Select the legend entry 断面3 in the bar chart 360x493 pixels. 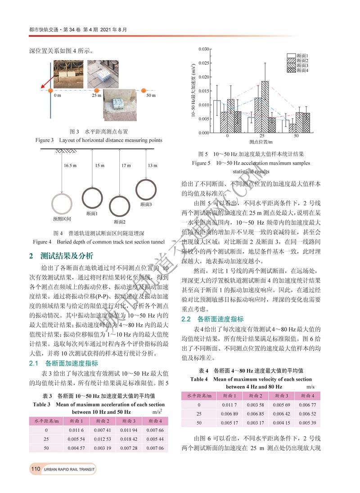point(302,65)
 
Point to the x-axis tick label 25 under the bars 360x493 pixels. point(261,136)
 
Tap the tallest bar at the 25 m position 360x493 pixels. point(265,107)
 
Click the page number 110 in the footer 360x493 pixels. point(36,469)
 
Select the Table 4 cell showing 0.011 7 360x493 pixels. point(229,404)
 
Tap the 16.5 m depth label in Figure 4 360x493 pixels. point(70,166)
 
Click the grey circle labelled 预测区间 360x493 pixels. point(62,204)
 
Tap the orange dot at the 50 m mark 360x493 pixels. point(144,91)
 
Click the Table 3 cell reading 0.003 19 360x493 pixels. point(102,448)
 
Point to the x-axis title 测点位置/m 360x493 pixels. point(261,142)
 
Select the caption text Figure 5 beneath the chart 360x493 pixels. point(201,163)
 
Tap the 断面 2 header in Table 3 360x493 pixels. point(102,421)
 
